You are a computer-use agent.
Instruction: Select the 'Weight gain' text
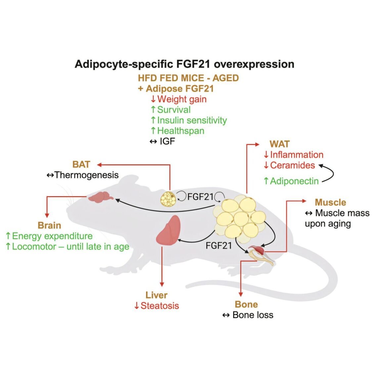pos(182,99)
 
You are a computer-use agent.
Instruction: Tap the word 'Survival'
pos(174,110)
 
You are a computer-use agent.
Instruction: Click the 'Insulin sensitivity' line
pos(192,120)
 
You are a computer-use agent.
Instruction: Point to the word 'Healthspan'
pos(181,131)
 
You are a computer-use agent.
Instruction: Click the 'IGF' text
pos(167,142)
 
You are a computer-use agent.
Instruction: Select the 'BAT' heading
pos(81,164)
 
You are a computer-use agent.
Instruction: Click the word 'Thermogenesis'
pos(87,175)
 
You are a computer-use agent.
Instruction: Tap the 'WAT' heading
pos(279,144)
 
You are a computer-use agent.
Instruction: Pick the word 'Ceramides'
pos(292,165)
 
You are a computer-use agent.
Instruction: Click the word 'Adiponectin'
pos(294,181)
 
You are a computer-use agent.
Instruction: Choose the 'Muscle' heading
pos(330,202)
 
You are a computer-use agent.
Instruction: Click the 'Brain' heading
pos(49,226)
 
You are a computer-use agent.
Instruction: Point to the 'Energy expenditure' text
pos(52,236)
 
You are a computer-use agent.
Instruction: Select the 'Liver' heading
pos(156,295)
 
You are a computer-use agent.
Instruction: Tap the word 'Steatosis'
pos(160,306)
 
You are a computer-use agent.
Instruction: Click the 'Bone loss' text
pos(253,315)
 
